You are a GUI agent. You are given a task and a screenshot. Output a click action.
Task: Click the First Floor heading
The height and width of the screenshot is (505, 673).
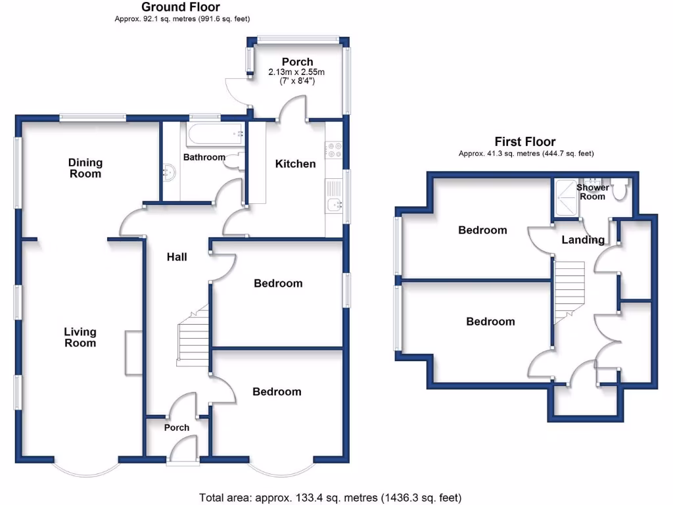click(x=524, y=142)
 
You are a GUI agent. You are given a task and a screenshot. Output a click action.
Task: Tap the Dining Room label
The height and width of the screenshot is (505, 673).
click(x=85, y=168)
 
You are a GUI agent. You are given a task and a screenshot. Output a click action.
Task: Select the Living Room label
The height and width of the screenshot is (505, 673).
click(x=80, y=337)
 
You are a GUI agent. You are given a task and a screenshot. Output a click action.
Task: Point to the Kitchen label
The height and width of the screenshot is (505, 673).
click(x=295, y=164)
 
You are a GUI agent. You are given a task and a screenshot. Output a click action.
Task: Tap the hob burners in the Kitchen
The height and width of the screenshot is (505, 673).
click(x=333, y=151)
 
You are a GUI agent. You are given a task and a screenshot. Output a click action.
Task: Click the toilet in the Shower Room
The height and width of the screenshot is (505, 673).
click(x=618, y=191)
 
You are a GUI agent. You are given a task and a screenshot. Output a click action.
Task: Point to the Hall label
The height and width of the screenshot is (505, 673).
click(x=176, y=257)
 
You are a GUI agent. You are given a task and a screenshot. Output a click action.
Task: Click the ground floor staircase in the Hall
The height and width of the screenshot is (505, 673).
click(x=193, y=339)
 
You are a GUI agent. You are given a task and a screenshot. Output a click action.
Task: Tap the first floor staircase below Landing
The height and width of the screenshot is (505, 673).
click(x=569, y=289)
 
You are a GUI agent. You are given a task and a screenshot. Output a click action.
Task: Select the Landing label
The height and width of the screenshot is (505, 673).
click(x=583, y=240)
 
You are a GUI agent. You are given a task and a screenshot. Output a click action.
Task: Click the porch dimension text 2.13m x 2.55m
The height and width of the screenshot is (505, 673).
click(x=297, y=72)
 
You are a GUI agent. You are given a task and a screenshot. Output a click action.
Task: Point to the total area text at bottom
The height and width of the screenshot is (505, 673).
click(x=330, y=496)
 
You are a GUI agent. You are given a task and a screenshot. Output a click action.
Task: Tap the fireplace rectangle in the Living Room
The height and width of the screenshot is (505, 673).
click(x=133, y=353)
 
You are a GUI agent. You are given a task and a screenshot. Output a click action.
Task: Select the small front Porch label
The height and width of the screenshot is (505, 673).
click(x=176, y=427)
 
